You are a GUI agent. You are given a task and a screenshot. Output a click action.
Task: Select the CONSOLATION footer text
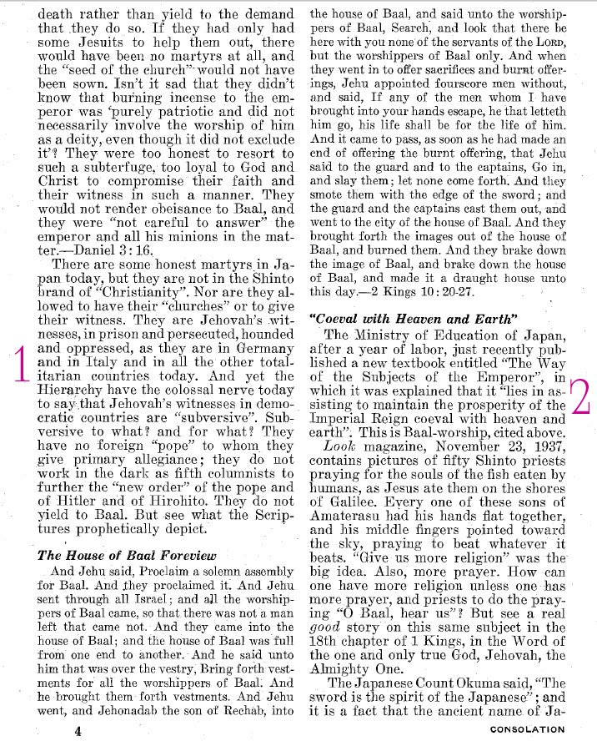click(527, 729)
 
